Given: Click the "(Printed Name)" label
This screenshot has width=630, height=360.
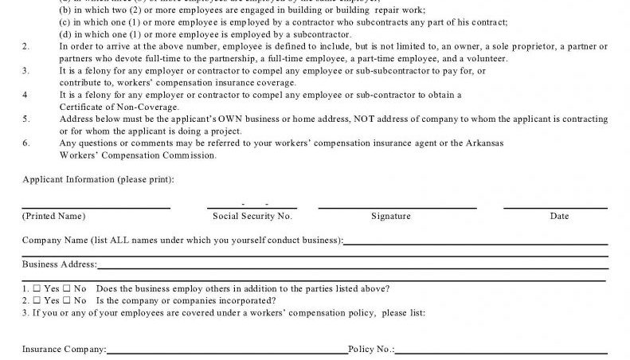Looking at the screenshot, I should [x=53, y=216].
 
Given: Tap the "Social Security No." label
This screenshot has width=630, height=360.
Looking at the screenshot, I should [x=252, y=216].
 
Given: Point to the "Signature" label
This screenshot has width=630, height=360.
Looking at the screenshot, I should [x=391, y=216].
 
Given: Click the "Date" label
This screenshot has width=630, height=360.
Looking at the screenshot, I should [x=559, y=216].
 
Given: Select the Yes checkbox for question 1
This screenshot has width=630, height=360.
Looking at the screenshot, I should [x=37, y=288].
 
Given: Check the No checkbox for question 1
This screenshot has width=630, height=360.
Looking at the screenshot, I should [x=68, y=288].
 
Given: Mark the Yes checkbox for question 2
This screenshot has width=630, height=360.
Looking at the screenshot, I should [x=37, y=300].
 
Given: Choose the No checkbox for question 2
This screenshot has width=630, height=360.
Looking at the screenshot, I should [x=68, y=300].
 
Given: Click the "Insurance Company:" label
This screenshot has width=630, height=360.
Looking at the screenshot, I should [x=64, y=349].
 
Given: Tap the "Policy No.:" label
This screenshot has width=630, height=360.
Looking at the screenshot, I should [x=370, y=349].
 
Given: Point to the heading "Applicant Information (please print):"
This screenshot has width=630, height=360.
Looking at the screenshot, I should [x=98, y=179].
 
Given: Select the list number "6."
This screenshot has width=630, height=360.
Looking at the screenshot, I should [x=26, y=143].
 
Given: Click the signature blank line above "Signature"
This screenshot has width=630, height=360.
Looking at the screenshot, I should [x=397, y=207].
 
